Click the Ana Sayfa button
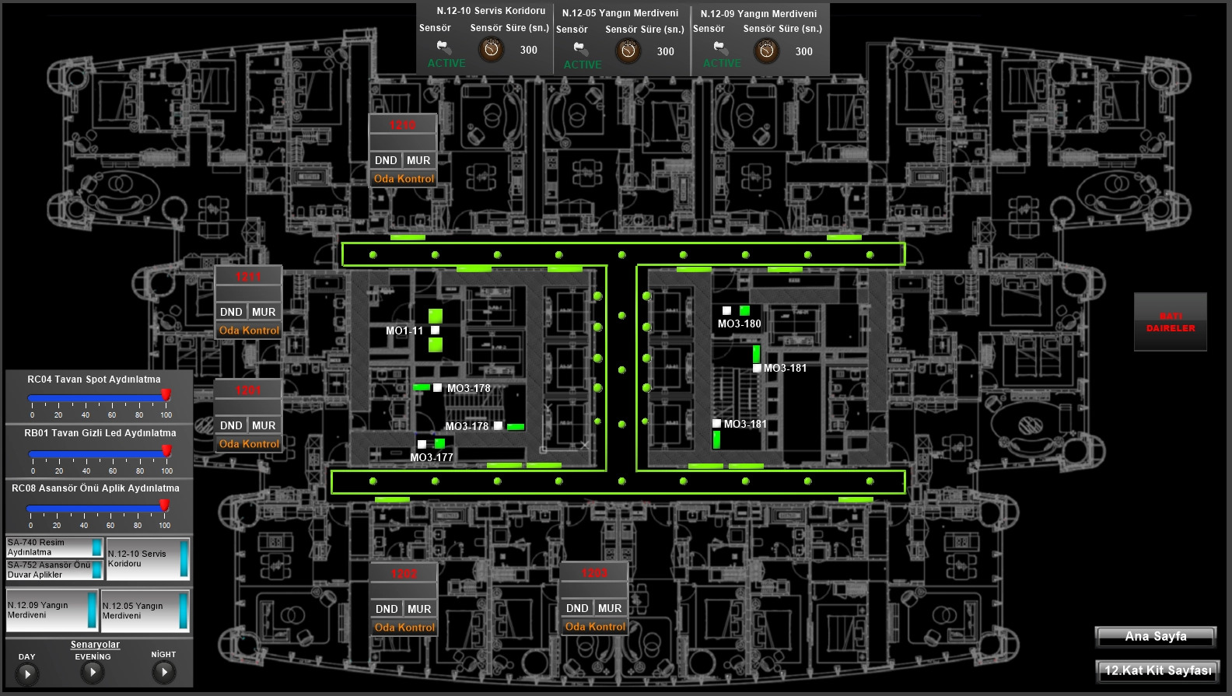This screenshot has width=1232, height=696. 1156,637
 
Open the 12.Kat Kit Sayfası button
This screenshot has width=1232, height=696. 1157,670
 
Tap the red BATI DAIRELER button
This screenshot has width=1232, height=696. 1170,322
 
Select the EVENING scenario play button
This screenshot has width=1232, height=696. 93,672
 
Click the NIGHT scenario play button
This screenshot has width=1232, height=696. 163,672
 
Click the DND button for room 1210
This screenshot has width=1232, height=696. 386,160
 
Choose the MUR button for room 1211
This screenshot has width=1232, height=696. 264,312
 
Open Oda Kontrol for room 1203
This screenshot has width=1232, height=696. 595,627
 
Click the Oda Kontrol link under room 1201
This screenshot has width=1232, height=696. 249,444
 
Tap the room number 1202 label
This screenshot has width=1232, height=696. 404,574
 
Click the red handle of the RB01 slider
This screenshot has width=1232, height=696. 166,451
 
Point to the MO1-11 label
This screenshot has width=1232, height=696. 404,331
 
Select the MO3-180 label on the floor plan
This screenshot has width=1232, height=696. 739,324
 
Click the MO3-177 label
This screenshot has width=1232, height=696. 431,457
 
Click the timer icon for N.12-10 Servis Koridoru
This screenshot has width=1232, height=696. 491,50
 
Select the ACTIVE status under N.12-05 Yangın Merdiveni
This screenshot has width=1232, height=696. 583,65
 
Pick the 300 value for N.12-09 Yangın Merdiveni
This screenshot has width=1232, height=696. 803,51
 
